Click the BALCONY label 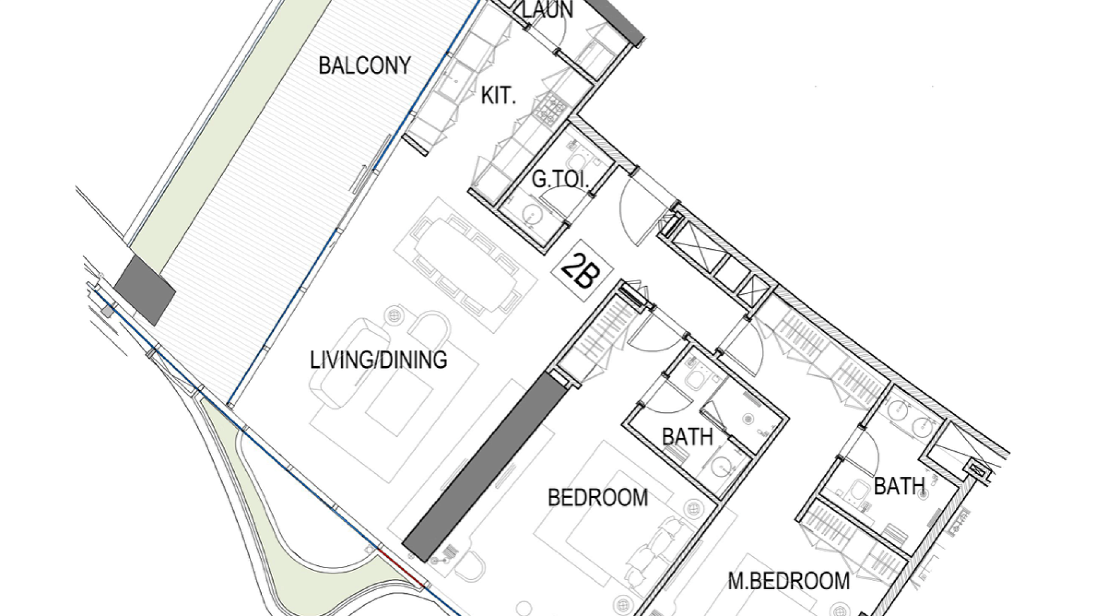[364, 66]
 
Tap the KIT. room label [498, 96]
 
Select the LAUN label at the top [547, 9]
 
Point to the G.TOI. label [560, 180]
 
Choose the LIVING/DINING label [378, 360]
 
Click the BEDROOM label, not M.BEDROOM [598, 498]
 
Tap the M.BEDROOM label [789, 581]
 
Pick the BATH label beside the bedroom [687, 437]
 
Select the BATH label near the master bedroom [899, 487]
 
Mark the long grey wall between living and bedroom [484, 467]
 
